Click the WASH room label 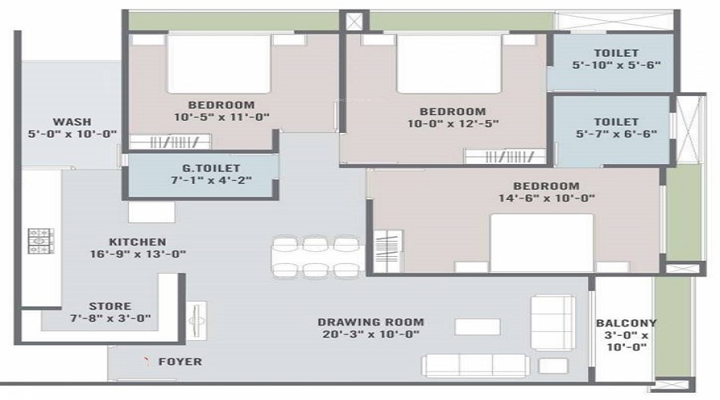(x=72, y=122)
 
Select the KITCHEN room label (x=138, y=242)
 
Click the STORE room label (x=110, y=306)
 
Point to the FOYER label (x=180, y=362)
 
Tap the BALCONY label (x=626, y=323)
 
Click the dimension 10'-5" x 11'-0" (x=222, y=117)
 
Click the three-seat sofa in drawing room (x=475, y=365)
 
